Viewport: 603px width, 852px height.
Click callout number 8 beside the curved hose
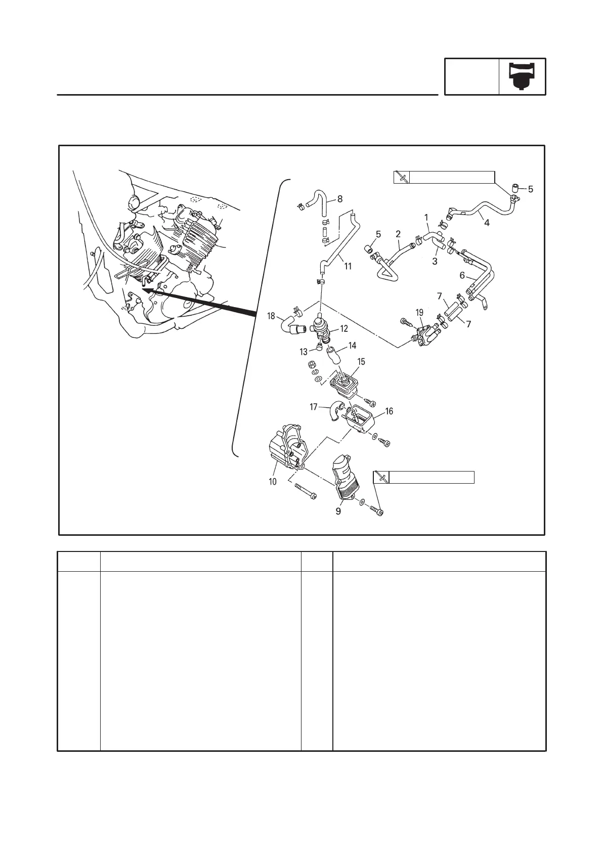[x=340, y=199]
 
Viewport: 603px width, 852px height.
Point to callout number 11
[x=348, y=266]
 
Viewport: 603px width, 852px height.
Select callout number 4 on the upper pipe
[x=487, y=222]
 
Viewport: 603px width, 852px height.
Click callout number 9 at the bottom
[x=338, y=511]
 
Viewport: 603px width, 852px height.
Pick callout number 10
[x=273, y=481]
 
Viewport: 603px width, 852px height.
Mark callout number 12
[x=344, y=329]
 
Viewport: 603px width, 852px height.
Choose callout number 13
[x=304, y=352]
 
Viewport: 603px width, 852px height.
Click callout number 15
[x=361, y=362]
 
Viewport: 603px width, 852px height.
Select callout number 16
[x=389, y=411]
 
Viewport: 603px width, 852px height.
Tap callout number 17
[x=314, y=406]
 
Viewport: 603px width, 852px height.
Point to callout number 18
[x=271, y=316]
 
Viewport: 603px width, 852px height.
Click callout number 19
[x=419, y=313]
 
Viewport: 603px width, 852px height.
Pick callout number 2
[x=398, y=234]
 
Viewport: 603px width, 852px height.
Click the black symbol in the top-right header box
[x=522, y=77]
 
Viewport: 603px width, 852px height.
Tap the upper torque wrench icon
[x=402, y=177]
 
